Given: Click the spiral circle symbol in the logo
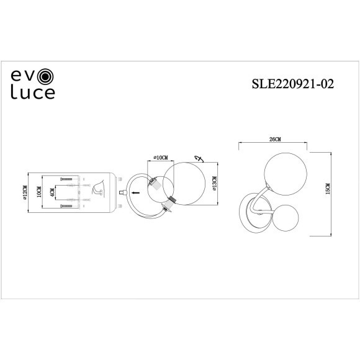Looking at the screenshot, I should pyautogui.click(x=47, y=78).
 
